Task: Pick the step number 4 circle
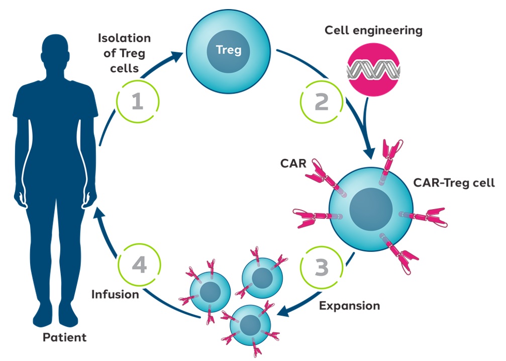pos(139,265)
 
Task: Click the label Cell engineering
pos(373,30)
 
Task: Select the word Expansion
pos(350,305)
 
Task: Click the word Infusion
pos(115,294)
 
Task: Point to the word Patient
pos(64,337)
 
